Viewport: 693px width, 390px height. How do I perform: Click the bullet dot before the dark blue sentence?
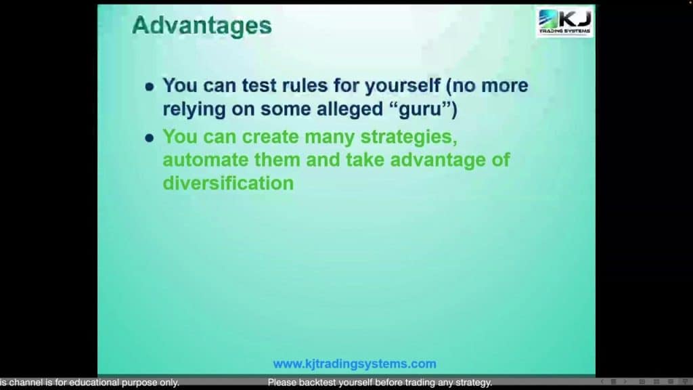coord(150,87)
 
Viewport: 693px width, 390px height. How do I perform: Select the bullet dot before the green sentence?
coord(150,138)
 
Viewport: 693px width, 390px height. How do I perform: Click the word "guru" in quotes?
coord(420,110)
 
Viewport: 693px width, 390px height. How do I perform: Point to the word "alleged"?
coord(351,109)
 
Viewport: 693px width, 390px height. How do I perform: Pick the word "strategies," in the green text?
coord(409,137)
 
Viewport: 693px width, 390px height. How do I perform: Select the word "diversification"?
coord(228,183)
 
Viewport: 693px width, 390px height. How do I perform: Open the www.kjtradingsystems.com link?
coord(355,364)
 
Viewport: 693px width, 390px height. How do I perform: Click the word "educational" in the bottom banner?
coord(94,383)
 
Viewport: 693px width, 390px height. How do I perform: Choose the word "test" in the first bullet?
coord(259,86)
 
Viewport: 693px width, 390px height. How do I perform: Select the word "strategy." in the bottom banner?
coord(474,383)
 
